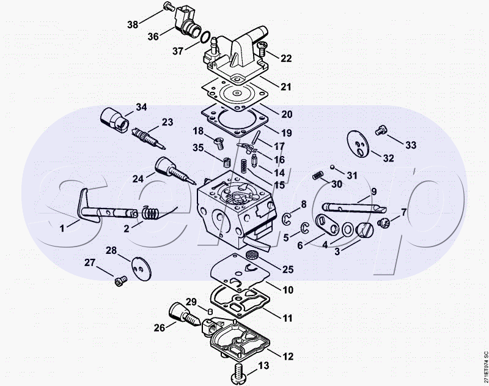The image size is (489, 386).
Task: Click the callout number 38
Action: click(133, 24)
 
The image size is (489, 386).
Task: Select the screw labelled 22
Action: click(261, 48)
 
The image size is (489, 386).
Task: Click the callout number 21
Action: click(285, 86)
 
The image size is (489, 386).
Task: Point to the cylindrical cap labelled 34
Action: click(114, 118)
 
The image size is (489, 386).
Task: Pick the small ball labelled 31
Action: click(333, 167)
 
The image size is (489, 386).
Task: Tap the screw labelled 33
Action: click(381, 130)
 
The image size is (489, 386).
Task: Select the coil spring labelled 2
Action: click(151, 213)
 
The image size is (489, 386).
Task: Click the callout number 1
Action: click(62, 228)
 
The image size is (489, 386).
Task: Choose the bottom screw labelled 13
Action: click(239, 373)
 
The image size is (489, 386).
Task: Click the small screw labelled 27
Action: click(120, 281)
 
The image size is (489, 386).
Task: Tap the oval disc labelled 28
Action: click(141, 269)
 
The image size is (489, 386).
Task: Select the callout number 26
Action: click(160, 328)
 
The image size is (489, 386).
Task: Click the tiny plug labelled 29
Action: click(210, 311)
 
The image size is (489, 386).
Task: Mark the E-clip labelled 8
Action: click(287, 218)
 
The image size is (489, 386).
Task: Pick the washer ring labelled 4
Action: click(347, 230)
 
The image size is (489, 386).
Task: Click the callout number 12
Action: click(287, 356)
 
